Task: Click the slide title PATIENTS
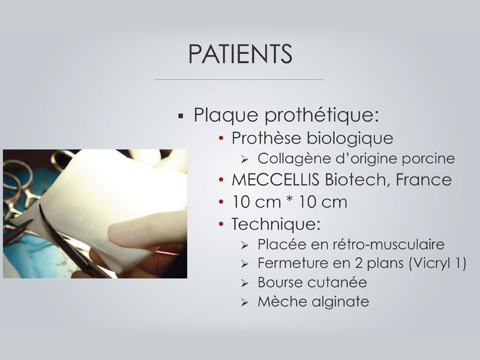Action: (241, 54)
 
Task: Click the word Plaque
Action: (226, 116)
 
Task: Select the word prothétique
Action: (322, 116)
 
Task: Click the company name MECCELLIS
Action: (275, 179)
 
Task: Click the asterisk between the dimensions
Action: (290, 200)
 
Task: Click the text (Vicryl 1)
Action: (437, 263)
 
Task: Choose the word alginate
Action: (340, 302)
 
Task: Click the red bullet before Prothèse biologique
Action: (221, 139)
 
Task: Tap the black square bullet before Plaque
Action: (181, 116)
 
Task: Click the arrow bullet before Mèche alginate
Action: (245, 302)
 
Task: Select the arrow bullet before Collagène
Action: (245, 159)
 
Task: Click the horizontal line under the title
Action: (239, 80)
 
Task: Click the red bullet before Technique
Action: (221, 224)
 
